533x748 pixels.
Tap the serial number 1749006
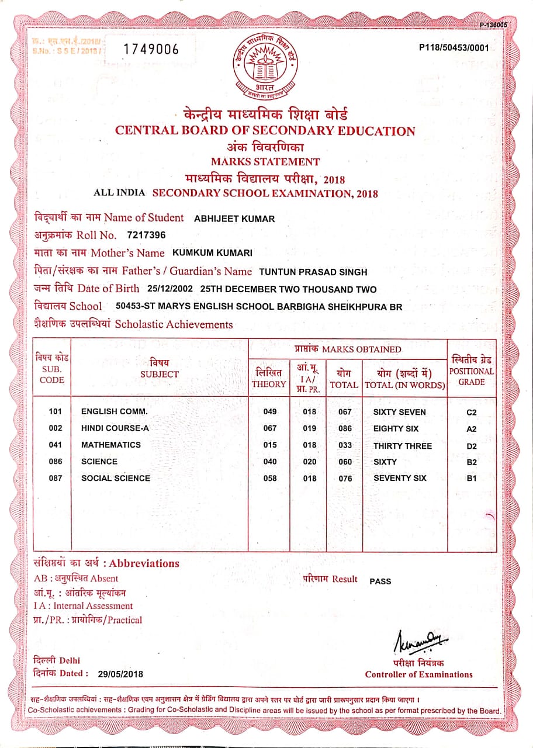(x=151, y=50)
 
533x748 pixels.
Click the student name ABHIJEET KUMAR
(x=234, y=219)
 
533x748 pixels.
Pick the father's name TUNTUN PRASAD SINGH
(x=313, y=271)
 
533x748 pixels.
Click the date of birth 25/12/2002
(x=169, y=289)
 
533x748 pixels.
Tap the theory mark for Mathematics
(x=270, y=445)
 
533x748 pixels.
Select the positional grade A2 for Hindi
(x=472, y=429)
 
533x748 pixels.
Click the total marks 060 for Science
(x=345, y=462)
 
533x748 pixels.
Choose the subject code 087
(x=56, y=478)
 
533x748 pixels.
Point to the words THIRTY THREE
(x=403, y=446)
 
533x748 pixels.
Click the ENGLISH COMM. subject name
(x=115, y=412)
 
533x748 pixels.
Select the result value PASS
(x=380, y=581)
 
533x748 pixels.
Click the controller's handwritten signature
(x=417, y=642)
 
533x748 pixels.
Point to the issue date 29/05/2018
(x=120, y=674)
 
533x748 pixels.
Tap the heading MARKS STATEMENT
(x=265, y=162)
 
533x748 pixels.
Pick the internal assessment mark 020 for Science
(x=309, y=462)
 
